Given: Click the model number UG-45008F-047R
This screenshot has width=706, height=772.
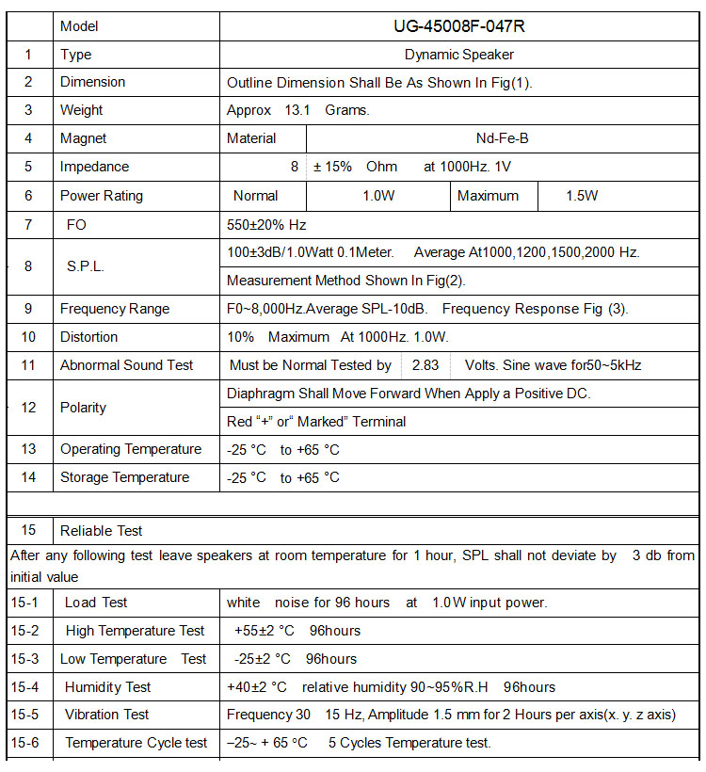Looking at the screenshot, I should point(458,26).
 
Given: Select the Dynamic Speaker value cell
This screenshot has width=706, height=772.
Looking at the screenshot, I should point(458,55).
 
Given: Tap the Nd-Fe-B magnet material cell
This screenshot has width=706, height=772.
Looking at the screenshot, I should point(502,138).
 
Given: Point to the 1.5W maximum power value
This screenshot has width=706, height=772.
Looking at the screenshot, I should point(582,196).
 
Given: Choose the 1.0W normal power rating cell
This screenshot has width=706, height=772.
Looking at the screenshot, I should point(378,196).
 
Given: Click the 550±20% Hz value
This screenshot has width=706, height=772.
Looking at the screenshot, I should point(266,225).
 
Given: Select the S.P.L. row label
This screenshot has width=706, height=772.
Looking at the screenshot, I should point(85,266).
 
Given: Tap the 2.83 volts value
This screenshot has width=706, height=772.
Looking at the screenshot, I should point(425,365).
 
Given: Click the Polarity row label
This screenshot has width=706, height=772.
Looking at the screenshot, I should point(83,408).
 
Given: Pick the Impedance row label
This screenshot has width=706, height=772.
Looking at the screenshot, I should point(94,167).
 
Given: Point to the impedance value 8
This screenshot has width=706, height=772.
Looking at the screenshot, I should point(295,167).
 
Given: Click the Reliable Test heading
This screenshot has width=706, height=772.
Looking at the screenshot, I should point(101,531).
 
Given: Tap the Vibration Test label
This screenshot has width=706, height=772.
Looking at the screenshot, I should point(106,715).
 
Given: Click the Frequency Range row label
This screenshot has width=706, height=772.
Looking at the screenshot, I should point(115,309).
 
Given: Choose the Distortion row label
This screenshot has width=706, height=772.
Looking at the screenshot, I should point(88,337).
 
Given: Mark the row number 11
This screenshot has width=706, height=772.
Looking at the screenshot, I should point(28,365).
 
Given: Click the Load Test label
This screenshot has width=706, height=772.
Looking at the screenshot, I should point(96,603).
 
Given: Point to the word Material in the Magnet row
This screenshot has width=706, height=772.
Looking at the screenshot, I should point(251,138).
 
